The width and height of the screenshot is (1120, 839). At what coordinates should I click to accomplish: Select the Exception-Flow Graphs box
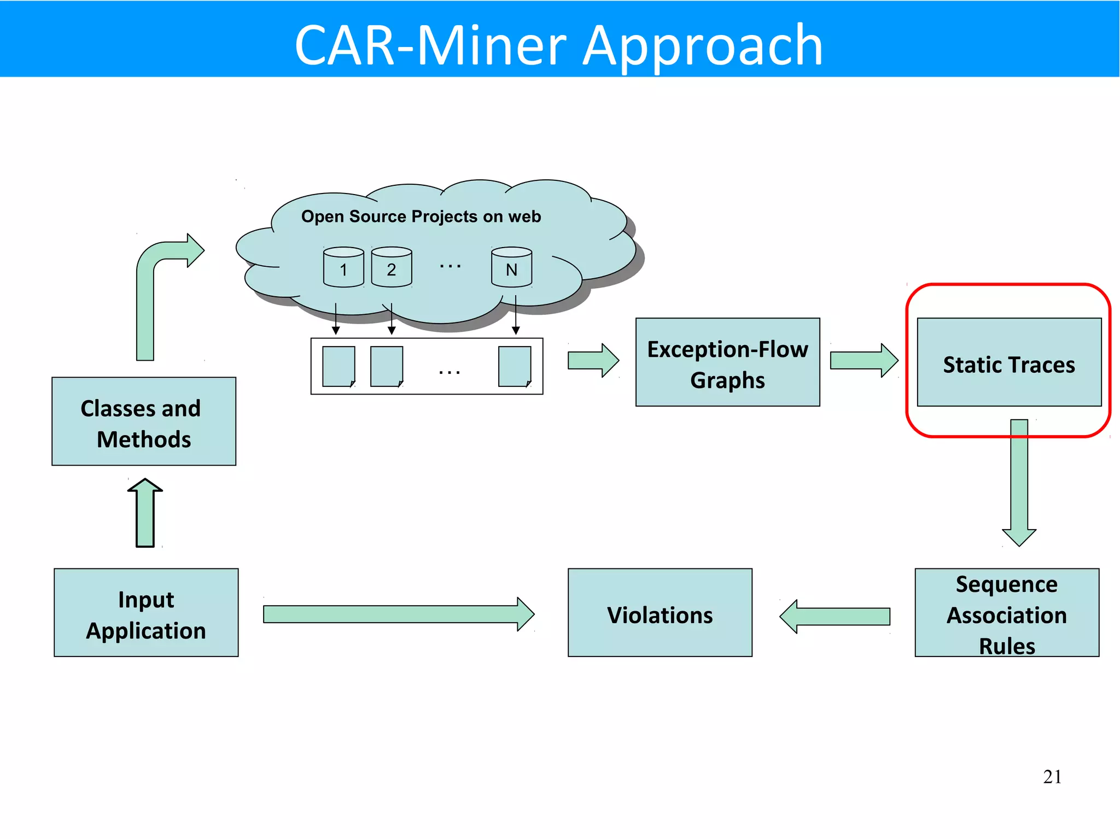point(727,362)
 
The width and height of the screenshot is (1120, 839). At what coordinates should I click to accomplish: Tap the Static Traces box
point(1009,362)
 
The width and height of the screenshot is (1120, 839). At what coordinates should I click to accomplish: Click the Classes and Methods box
point(144,421)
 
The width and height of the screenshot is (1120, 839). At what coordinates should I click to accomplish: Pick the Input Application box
point(146,613)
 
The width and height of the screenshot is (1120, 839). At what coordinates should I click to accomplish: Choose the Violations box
point(660,613)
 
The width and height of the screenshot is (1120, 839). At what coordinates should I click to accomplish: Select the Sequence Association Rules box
point(1007,613)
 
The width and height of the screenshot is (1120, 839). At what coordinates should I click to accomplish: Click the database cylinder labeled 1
point(343,267)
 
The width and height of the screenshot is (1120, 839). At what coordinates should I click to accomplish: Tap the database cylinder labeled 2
point(392,267)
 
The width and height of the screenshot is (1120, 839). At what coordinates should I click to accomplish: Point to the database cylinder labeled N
point(511,267)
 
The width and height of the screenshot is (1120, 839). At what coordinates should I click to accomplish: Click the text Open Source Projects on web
point(421,216)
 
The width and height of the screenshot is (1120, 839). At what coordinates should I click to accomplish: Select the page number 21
point(1052,777)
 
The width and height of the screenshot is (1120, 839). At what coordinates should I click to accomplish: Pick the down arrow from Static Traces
point(1019,481)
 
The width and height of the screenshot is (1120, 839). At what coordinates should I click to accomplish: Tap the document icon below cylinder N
point(515,366)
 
